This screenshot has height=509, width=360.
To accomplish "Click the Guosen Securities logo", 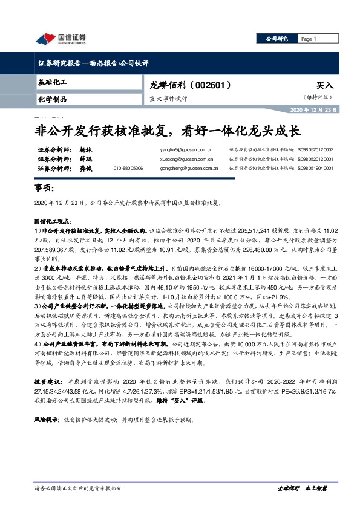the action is tap(61, 39).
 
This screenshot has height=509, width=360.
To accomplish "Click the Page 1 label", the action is tap(308, 39).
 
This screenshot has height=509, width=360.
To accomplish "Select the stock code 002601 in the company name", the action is tap(212, 86).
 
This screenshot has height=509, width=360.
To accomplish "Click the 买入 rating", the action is tap(325, 86).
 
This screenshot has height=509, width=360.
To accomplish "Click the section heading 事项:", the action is tap(45, 189).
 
